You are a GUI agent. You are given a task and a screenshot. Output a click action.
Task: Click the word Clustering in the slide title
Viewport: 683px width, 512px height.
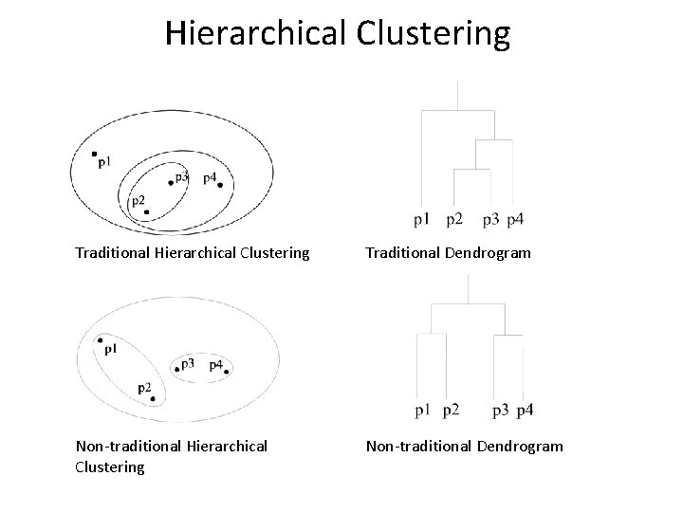point(434,34)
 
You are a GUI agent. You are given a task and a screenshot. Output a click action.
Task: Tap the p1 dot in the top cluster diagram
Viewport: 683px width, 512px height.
point(94,154)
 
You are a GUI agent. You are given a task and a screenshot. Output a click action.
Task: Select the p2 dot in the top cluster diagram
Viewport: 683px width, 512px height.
point(146,211)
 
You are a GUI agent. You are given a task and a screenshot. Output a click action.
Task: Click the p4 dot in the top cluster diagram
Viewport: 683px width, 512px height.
point(221,185)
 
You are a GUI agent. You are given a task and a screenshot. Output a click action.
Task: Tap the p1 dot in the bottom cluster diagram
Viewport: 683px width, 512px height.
point(99,340)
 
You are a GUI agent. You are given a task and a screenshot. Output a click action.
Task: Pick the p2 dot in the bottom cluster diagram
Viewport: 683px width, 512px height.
point(153,399)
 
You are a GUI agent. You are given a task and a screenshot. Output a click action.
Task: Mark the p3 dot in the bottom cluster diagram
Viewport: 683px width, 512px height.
point(176,368)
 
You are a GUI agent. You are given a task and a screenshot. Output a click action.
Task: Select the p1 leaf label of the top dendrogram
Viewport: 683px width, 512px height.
point(422,221)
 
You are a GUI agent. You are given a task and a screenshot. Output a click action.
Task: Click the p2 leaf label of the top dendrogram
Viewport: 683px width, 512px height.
point(453,221)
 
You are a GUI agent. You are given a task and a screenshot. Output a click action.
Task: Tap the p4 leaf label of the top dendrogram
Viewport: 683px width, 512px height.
point(515,221)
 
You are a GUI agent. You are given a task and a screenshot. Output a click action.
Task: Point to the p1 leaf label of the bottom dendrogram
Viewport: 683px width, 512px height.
point(422,411)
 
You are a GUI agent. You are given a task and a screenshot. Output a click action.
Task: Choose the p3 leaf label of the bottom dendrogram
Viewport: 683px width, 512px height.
point(501,411)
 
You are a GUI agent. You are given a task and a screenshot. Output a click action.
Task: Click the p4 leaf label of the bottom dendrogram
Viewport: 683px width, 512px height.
point(526,411)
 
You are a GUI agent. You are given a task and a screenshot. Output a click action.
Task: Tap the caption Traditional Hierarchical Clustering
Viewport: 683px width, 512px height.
point(193,253)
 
